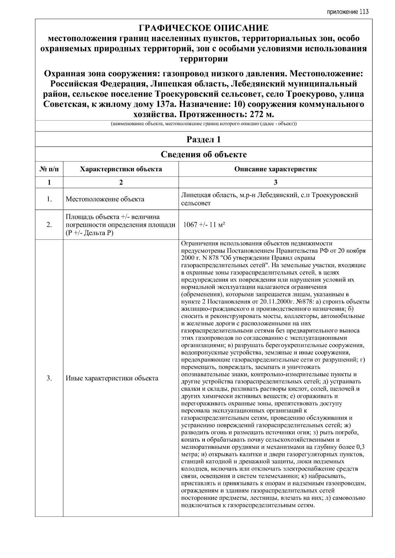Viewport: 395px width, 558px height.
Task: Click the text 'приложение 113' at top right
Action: pyautogui.click(x=348, y=12)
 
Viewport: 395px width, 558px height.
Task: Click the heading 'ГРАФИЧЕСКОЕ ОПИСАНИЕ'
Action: pyautogui.click(x=203, y=28)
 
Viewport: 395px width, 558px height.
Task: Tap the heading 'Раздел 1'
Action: pyautogui.click(x=203, y=140)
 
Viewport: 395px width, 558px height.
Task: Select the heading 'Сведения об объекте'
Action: pyautogui.click(x=203, y=154)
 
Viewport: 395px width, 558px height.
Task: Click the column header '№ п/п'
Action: pyautogui.click(x=49, y=169)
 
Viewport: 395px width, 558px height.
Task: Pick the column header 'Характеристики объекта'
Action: pyautogui.click(x=121, y=169)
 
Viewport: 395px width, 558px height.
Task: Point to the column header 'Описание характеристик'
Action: pyautogui.click(x=276, y=169)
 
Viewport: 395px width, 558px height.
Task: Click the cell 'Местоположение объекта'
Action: pyautogui.click(x=105, y=199)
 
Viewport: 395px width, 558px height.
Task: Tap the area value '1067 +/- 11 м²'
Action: pyautogui.click(x=204, y=225)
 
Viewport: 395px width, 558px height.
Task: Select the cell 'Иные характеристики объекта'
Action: pyautogui.click(x=112, y=378)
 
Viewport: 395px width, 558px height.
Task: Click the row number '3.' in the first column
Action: pyautogui.click(x=49, y=378)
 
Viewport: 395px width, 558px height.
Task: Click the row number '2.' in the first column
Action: pyautogui.click(x=49, y=225)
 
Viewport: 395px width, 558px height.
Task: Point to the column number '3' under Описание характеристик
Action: pyautogui.click(x=276, y=182)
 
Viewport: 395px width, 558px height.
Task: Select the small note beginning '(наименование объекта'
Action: pyautogui.click(x=203, y=124)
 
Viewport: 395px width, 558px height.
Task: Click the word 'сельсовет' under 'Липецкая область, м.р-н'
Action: pyautogui.click(x=196, y=203)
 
